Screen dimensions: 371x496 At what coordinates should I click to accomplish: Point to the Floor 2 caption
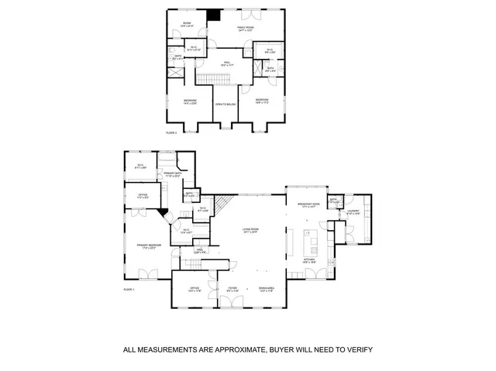point(171,132)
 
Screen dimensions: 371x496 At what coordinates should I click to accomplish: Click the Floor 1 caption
point(129,289)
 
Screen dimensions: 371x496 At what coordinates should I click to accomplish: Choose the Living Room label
point(250,230)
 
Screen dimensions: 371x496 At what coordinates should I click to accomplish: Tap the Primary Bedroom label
point(147,246)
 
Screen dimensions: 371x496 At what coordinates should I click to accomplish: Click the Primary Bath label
point(172,174)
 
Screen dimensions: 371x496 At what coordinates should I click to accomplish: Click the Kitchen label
point(308,261)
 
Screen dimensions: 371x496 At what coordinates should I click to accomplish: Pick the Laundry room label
point(353,211)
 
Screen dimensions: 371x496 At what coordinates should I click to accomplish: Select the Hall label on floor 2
point(227,64)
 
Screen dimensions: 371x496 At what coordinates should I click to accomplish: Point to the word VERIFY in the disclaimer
point(358,350)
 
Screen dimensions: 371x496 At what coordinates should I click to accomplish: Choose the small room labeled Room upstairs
point(187,24)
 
